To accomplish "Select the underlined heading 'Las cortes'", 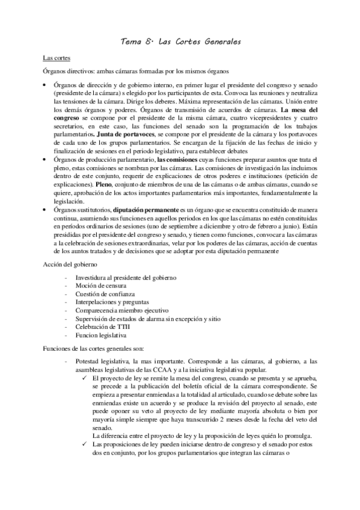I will click(x=56, y=58).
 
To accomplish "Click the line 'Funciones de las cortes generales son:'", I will click(x=93, y=348).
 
